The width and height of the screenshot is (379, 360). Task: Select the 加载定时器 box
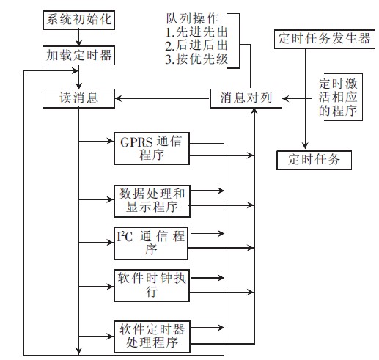pyautogui.click(x=78, y=54)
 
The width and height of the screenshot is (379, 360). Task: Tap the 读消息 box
pyautogui.click(x=78, y=97)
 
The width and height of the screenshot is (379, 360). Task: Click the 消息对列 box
pyautogui.click(x=246, y=97)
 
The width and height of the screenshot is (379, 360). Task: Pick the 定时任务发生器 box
pyautogui.click(x=323, y=38)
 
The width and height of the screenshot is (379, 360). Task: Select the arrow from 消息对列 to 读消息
pyautogui.click(x=161, y=97)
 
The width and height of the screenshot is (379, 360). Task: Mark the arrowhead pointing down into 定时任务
pyautogui.click(x=304, y=146)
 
